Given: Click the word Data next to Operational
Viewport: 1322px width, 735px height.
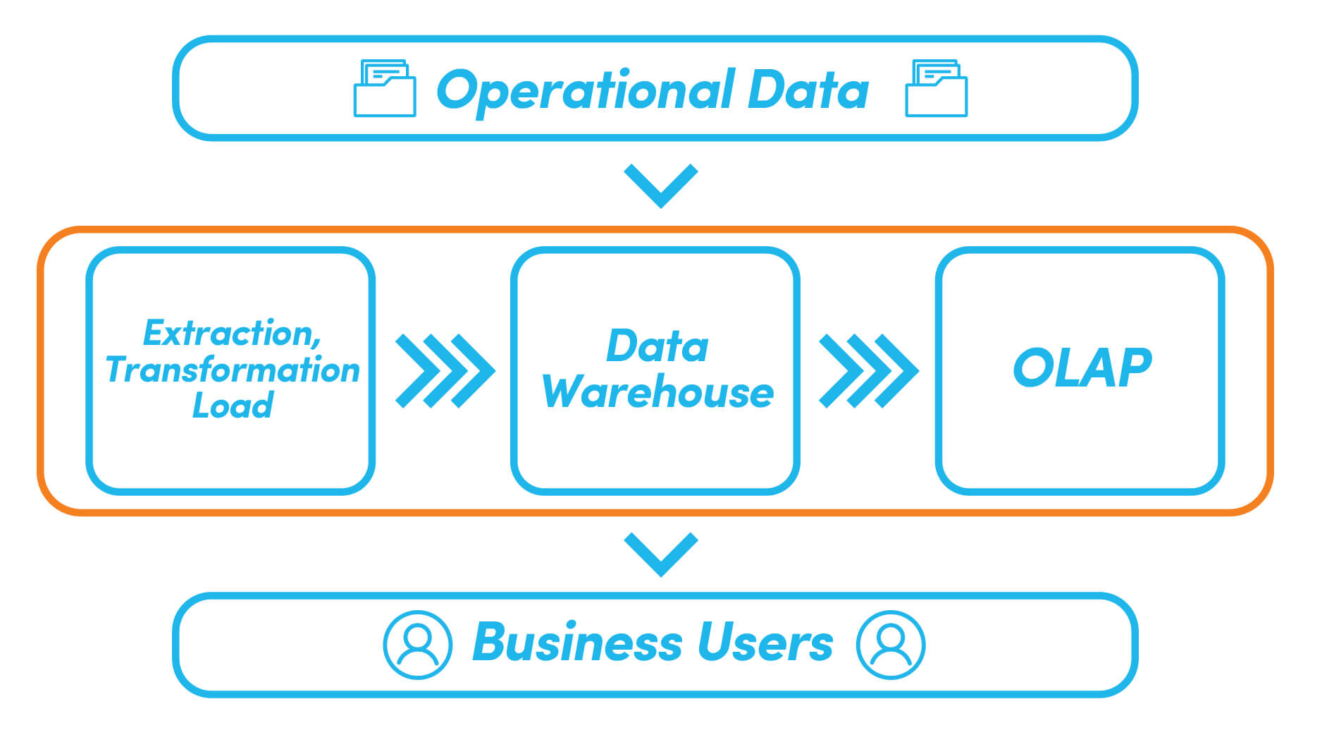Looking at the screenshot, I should point(808,90).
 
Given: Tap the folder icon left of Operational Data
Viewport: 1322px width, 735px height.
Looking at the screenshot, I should point(384,89).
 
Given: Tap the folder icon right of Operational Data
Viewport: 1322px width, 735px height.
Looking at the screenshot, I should point(936,89).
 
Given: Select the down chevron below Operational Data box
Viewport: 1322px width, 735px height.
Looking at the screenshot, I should point(661,185).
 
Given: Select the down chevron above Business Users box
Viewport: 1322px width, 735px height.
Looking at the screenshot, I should point(661,554).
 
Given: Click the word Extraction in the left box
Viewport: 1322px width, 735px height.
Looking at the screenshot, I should point(227,333).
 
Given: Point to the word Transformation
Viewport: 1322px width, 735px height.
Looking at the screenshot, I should point(233,370).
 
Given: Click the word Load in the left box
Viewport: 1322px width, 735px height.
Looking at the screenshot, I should point(233,406).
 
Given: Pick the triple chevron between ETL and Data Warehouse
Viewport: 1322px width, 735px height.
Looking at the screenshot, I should point(445,371).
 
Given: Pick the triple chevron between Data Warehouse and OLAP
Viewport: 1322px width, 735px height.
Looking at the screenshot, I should point(868,371).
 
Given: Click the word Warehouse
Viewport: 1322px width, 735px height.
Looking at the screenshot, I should point(657,392).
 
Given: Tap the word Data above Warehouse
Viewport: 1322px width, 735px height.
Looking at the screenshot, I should point(657,346).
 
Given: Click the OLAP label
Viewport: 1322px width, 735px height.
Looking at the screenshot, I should point(1082,368).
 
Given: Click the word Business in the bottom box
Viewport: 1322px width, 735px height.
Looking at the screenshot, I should point(577,643).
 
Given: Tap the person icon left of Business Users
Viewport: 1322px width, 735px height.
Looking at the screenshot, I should point(417,645).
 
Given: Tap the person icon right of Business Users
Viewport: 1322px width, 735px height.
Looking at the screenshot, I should point(891,645).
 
